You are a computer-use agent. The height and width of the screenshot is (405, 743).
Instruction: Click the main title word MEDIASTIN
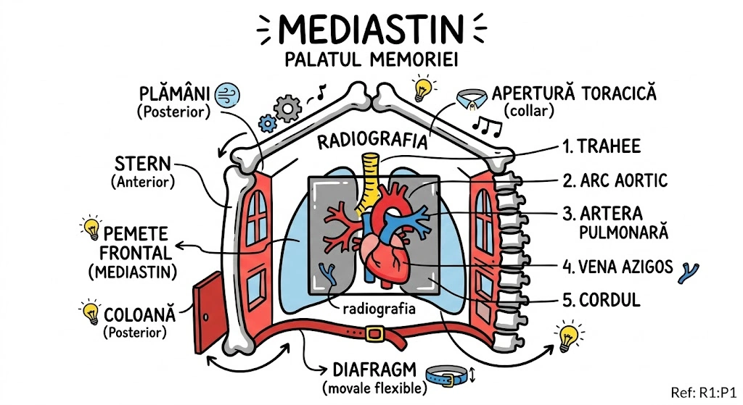coord(371,28)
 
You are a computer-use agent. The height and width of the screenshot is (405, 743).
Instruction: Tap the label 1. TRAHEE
coord(602,146)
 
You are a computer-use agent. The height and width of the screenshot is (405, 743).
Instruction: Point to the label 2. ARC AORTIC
coord(615,180)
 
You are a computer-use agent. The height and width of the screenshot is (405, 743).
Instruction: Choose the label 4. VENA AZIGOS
coord(617,267)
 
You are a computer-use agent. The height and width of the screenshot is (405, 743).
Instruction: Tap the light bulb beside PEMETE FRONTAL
coord(92,227)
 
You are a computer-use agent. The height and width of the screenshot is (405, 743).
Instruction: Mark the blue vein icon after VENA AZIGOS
coord(687,272)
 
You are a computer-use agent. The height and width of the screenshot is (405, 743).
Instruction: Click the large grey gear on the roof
coord(289,109)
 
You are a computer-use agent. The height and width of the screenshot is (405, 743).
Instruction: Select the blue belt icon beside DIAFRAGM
coord(444,375)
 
